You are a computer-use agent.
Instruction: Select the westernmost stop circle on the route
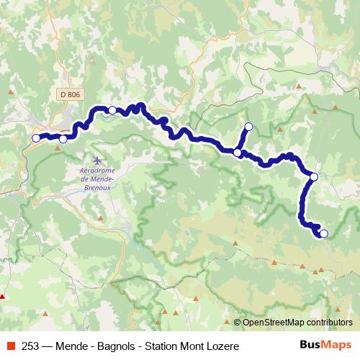[x=36, y=138]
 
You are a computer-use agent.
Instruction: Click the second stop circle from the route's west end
[x=63, y=139]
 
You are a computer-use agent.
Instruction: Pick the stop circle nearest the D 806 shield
[x=112, y=110]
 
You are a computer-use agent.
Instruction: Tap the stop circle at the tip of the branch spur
[x=249, y=127]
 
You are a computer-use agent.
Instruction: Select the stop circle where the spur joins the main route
[x=237, y=152]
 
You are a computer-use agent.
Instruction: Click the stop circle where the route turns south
[x=314, y=176]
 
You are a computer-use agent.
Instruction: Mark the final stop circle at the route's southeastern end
[x=323, y=233]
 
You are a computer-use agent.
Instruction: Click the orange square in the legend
[x=9, y=346]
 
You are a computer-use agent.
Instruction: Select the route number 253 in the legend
[x=30, y=346]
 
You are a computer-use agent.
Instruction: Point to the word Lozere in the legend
[x=220, y=346]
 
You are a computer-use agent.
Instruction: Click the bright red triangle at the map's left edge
[x=3, y=295]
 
